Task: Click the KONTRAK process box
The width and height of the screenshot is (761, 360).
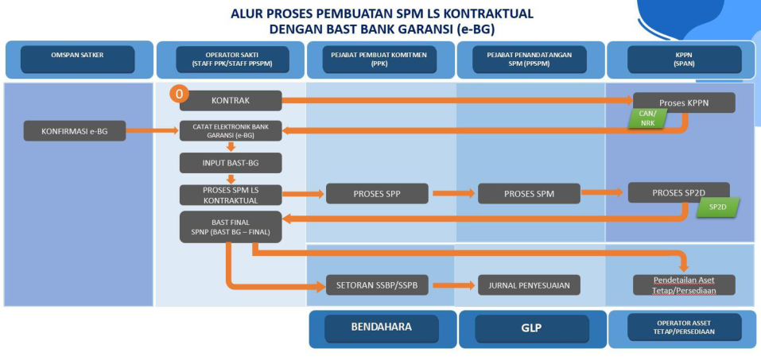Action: click(x=231, y=100)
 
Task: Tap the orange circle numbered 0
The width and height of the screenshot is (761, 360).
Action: click(x=180, y=95)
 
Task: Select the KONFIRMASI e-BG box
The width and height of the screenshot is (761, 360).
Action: click(x=75, y=130)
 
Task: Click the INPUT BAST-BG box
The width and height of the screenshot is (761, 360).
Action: click(x=231, y=163)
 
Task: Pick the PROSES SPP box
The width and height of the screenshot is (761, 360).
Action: click(x=377, y=193)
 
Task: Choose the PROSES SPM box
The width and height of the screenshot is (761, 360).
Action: click(x=529, y=193)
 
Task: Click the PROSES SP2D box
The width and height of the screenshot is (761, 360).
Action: click(x=678, y=193)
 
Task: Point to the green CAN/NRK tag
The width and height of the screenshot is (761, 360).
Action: click(x=647, y=118)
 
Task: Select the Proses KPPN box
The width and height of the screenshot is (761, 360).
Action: click(x=684, y=103)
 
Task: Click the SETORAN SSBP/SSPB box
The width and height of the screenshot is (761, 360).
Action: click(x=377, y=285)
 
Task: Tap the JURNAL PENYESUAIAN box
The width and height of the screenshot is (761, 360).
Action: click(x=529, y=285)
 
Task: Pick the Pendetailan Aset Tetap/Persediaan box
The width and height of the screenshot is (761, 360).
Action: click(x=684, y=285)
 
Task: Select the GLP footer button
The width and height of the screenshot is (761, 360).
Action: click(x=532, y=327)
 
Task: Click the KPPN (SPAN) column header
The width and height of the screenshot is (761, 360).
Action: click(x=684, y=59)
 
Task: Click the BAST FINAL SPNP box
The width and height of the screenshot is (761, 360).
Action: click(x=231, y=226)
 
